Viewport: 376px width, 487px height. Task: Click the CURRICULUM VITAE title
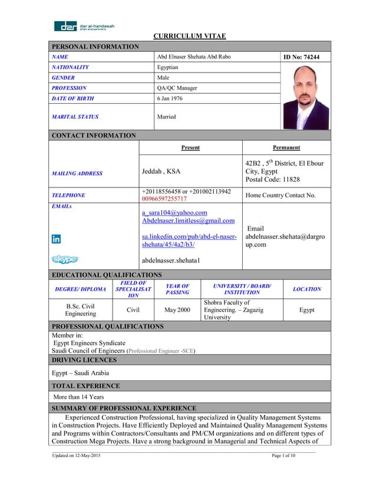click(x=190, y=37)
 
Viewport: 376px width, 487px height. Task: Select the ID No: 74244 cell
click(x=306, y=57)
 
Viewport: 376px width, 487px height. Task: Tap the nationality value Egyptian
click(x=169, y=67)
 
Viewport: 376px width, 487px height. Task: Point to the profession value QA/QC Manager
click(x=177, y=88)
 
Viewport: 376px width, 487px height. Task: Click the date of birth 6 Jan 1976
click(x=171, y=98)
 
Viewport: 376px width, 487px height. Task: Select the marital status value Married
click(x=166, y=117)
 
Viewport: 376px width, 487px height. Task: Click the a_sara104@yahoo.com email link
click(x=174, y=212)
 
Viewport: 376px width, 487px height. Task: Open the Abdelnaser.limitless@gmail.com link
click(x=188, y=221)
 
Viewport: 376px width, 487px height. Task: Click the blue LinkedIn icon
click(x=57, y=239)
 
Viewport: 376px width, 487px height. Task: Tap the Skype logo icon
click(x=64, y=259)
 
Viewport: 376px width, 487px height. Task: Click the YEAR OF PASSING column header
click(x=177, y=289)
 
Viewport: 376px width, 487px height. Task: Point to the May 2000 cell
click(x=177, y=310)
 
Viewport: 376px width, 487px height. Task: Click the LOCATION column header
click(x=306, y=289)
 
